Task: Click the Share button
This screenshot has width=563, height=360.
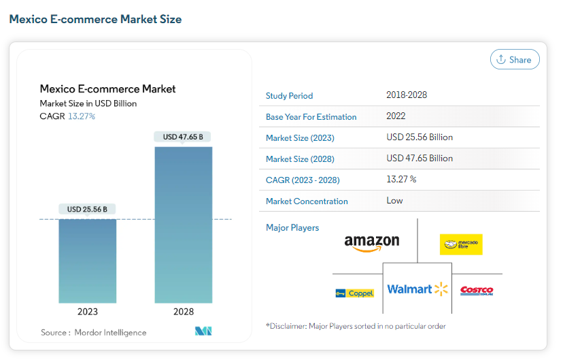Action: point(515,59)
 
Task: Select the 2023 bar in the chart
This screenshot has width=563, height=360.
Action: point(88,261)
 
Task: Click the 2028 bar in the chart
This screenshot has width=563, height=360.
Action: point(184,225)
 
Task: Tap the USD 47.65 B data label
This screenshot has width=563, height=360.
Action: point(183,137)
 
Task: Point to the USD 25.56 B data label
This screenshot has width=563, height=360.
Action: point(87,209)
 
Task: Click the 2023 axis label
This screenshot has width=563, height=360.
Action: point(88,312)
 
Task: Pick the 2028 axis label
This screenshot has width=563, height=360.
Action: point(184,312)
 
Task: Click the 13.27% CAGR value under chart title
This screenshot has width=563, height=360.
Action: point(82,116)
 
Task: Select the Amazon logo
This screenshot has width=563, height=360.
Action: point(372,243)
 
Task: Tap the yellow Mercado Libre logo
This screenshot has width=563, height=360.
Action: point(461,244)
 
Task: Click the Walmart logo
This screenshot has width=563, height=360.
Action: point(417,289)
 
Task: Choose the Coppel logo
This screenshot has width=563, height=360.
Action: point(355,293)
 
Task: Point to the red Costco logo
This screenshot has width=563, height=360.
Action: point(477,291)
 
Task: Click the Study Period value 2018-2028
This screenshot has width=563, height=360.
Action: point(407,95)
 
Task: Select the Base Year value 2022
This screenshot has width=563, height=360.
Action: point(396,116)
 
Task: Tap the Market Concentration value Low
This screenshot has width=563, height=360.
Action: point(394,201)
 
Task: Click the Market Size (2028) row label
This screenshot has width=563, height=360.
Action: point(300,159)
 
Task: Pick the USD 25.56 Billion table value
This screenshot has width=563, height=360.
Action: point(420,137)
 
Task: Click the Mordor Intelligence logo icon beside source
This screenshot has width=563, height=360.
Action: point(203,331)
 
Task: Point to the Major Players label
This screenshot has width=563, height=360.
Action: point(292,228)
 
